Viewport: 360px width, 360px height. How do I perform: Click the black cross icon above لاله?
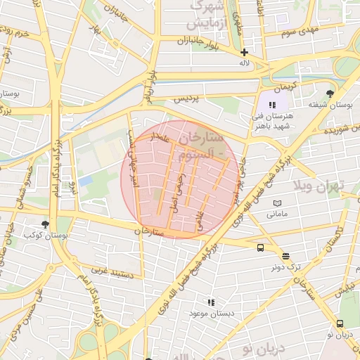coord(245,52)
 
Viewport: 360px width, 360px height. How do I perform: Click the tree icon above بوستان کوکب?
coord(46,224)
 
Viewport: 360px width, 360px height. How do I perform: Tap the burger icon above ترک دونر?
coord(285,257)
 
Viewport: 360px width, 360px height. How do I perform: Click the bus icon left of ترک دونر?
coord(261,247)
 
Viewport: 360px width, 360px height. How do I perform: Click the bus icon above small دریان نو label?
coord(340,323)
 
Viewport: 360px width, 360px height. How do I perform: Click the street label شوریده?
coord(336,130)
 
